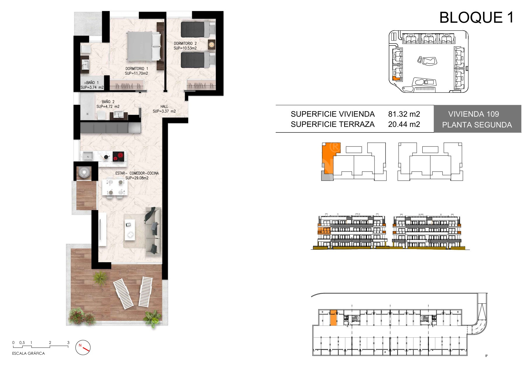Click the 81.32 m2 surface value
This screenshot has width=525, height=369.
pyautogui.click(x=404, y=114)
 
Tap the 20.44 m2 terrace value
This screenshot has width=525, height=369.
pyautogui.click(x=404, y=124)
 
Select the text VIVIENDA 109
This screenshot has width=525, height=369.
pyautogui.click(x=474, y=114)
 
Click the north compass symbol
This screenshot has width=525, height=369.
pyautogui.click(x=83, y=347)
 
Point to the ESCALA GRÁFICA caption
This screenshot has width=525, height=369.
pyautogui.click(x=29, y=353)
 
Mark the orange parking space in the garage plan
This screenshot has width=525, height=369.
pyautogui.click(x=333, y=318)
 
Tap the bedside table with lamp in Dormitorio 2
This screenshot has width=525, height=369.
pyautogui.click(x=211, y=44)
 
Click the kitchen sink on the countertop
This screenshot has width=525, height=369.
pyautogui.click(x=87, y=156)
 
